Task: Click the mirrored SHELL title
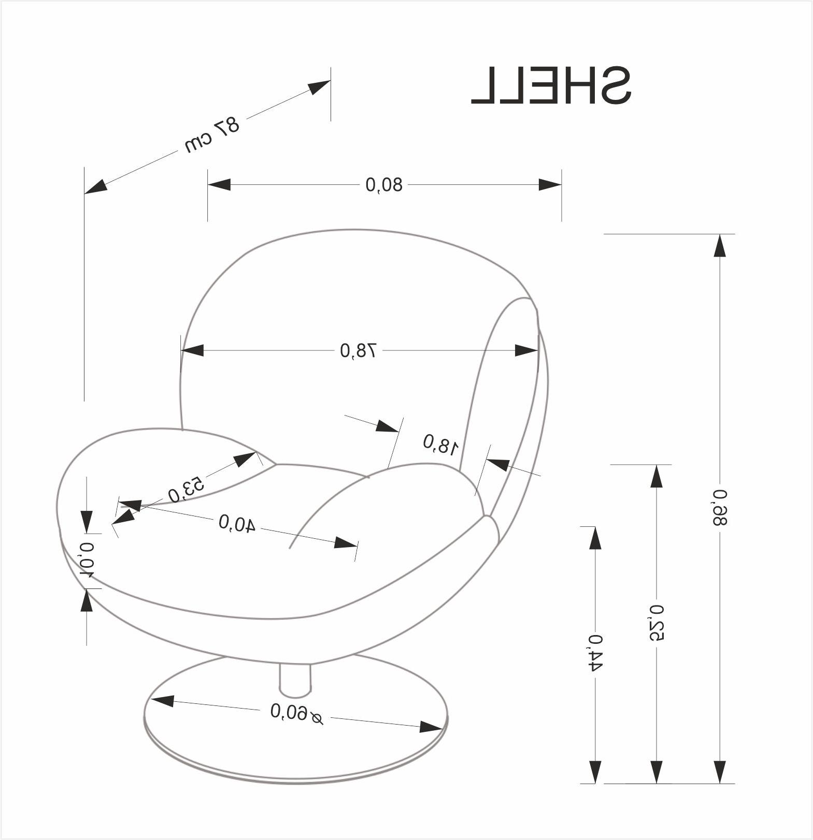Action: click(551, 85)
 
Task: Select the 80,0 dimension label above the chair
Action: click(384, 185)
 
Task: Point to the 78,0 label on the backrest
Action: click(358, 351)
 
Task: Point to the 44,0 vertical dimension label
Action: click(595, 653)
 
